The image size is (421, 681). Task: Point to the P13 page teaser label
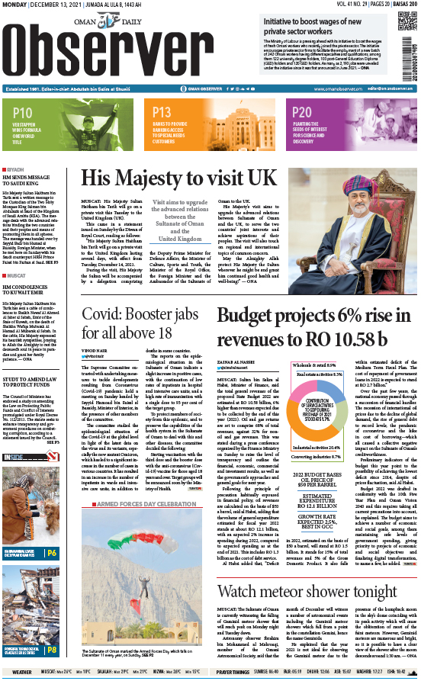point(162,113)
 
